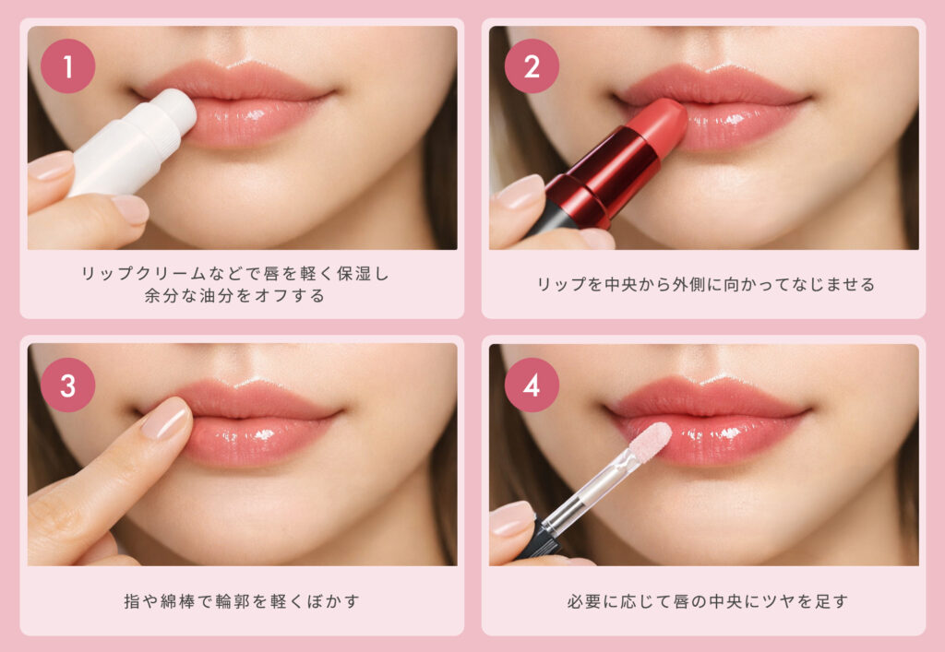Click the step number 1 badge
click(67, 66)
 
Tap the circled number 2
click(532, 66)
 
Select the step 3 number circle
click(67, 385)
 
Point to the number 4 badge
click(532, 385)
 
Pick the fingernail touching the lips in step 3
click(166, 420)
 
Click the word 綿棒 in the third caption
click(178, 601)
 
